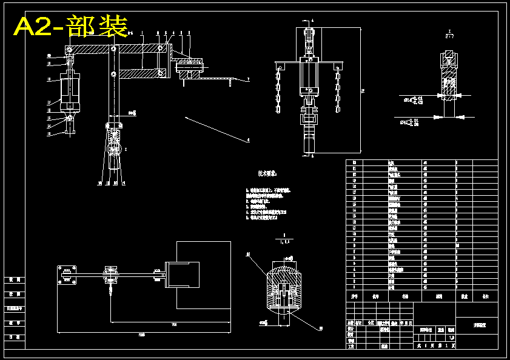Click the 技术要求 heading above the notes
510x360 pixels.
pos(267,173)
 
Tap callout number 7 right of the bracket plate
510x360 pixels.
pos(248,80)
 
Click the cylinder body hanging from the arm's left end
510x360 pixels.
pos(70,90)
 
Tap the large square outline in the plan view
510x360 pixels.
pos(203,275)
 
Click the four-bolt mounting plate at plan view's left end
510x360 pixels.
pos(67,275)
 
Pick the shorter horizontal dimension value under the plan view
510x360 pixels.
pos(174,324)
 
